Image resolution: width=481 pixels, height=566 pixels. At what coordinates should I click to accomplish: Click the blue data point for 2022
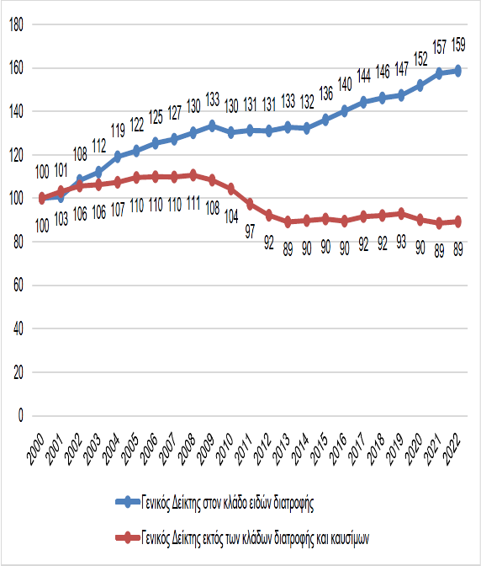[x=458, y=71]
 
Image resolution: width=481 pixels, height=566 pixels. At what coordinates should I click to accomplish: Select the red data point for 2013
[x=288, y=222]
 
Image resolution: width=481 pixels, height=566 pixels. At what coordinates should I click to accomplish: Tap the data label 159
[x=458, y=45]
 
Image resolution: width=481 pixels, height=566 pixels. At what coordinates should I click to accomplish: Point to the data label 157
[x=440, y=47]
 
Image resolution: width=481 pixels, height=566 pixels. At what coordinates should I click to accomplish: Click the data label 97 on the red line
[x=250, y=232]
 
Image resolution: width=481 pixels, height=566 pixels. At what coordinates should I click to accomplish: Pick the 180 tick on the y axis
[x=16, y=24]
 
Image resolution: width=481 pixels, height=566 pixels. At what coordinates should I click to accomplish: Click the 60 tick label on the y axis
[x=18, y=286]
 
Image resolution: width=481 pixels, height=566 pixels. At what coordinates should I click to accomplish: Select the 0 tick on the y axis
[x=20, y=415]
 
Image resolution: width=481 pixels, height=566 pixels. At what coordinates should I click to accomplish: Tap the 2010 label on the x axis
[x=225, y=449]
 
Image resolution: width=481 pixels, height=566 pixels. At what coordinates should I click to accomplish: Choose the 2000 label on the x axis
[x=35, y=449]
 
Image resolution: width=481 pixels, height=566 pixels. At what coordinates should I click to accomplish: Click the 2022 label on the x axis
[x=451, y=449]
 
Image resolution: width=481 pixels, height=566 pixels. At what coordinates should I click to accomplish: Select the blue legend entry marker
[x=128, y=502]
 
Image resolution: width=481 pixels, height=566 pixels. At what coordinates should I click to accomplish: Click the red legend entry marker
[x=128, y=537]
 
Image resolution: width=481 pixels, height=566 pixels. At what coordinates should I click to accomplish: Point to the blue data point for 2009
[x=212, y=126]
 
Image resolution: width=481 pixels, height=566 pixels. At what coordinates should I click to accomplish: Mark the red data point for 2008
[x=193, y=175]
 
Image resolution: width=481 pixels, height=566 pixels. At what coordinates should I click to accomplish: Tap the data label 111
[x=193, y=203]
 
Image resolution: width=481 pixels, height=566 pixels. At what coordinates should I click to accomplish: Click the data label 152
[x=420, y=59]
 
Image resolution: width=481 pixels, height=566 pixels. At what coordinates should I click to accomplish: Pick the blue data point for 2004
[x=118, y=157]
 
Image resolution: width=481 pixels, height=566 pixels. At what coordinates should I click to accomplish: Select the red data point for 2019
[x=401, y=213]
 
